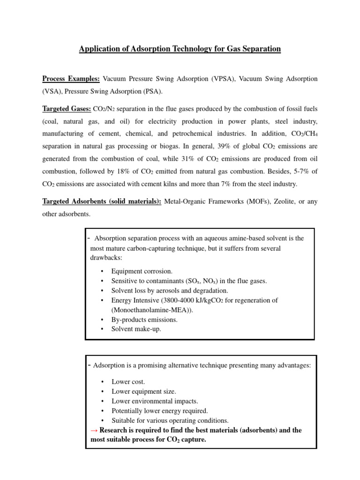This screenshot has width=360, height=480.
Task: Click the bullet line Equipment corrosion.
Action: click(x=142, y=271)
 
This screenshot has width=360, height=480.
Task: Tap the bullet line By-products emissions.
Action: click(x=144, y=320)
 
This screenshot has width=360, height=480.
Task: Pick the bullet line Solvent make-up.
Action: click(x=136, y=329)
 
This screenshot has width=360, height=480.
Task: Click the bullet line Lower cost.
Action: click(x=128, y=382)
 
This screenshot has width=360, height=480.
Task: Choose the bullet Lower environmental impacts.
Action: click(x=155, y=401)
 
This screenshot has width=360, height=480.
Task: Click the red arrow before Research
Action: click(x=94, y=430)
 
